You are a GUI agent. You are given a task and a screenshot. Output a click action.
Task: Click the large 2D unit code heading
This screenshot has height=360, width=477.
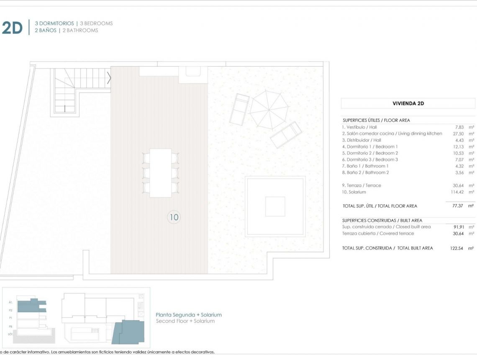point(12,28)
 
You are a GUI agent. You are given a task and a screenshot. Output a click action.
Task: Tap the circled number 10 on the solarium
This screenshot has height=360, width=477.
point(174,217)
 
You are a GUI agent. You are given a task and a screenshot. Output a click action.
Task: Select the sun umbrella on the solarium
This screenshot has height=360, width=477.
point(269,110)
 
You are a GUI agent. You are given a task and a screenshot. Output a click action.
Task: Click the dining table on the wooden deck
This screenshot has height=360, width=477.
point(161,172)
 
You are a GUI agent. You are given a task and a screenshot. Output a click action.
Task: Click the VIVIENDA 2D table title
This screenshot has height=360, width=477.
point(408,103)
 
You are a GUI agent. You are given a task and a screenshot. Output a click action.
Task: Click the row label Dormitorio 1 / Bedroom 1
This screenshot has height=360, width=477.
point(370,147)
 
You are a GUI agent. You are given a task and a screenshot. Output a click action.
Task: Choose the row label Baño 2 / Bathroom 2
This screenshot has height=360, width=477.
point(365,172)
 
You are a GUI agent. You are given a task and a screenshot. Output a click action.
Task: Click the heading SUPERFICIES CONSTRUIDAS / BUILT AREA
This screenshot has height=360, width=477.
point(382,220)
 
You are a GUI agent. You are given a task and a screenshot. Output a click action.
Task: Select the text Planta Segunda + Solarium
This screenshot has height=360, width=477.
point(189,315)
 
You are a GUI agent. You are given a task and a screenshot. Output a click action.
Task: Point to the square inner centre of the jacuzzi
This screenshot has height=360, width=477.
point(275,206)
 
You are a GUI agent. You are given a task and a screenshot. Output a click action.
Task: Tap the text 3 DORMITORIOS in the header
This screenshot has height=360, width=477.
point(54,23)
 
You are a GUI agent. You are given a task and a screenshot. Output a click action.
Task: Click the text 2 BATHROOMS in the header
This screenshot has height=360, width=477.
point(80,31)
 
